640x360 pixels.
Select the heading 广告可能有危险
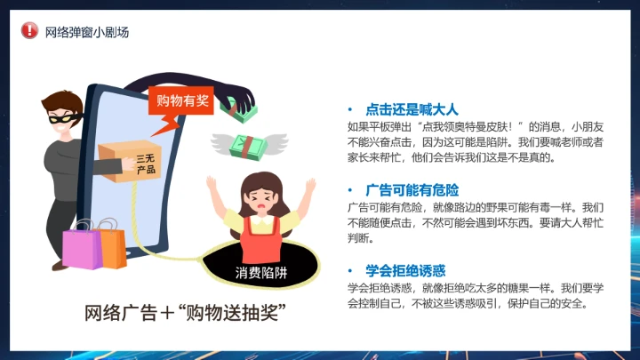coord(411,189)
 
